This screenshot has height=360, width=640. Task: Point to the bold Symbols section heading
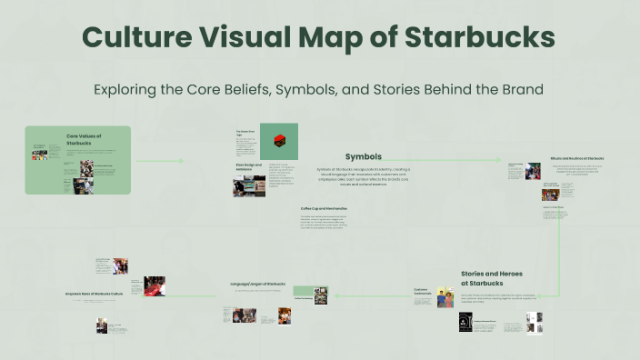364,156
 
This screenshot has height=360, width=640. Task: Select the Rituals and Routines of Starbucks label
577,158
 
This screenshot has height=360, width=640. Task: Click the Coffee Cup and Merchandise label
325,208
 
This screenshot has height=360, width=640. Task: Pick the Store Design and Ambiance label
247,166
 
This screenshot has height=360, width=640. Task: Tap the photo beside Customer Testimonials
444,297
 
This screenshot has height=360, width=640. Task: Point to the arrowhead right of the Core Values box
181,161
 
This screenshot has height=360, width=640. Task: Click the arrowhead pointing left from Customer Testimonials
337,295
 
